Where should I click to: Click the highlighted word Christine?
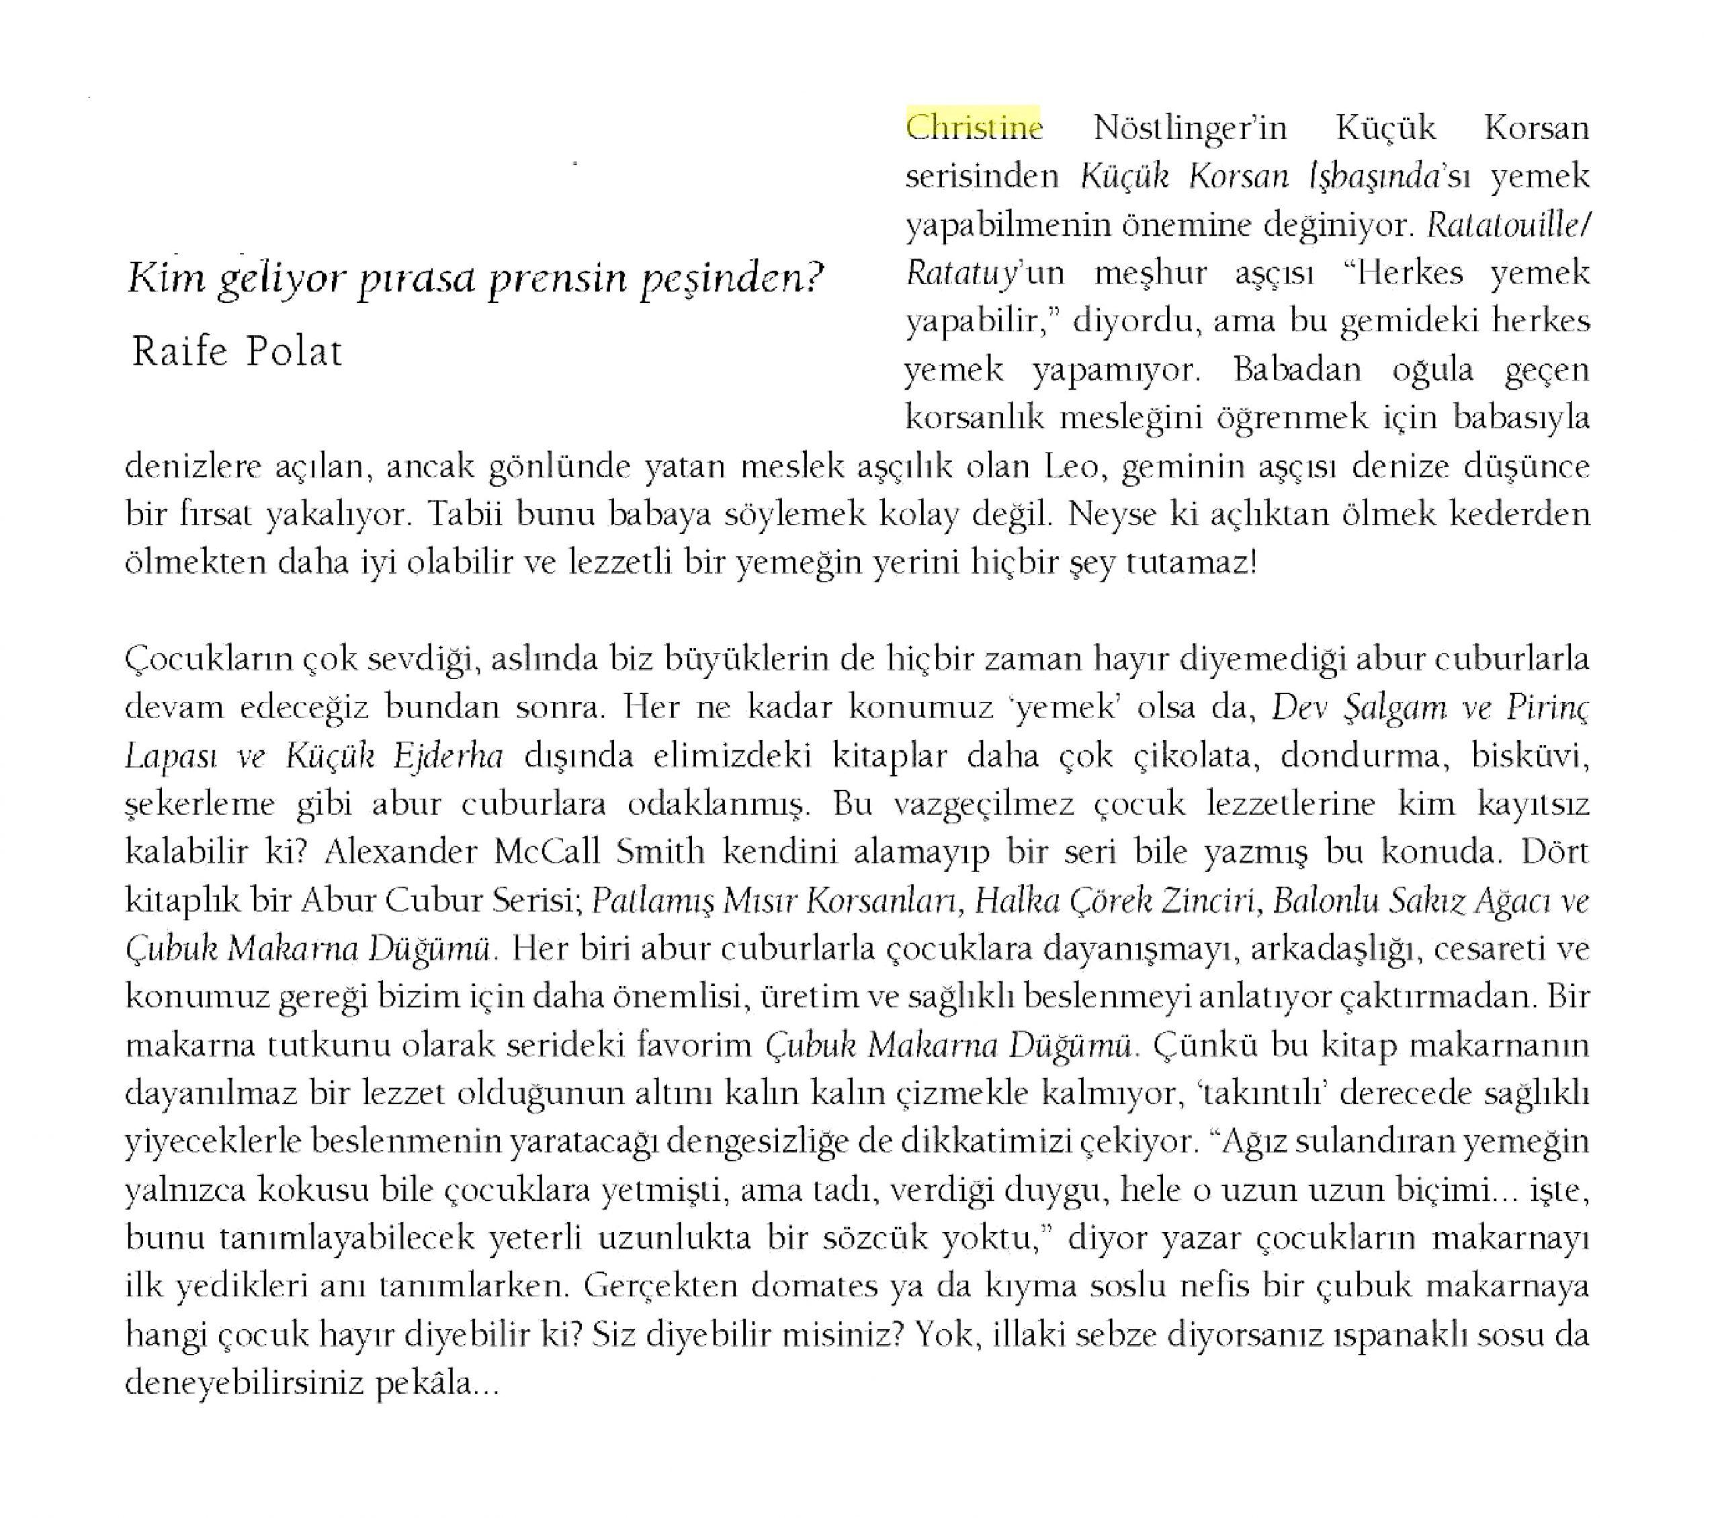tap(974, 128)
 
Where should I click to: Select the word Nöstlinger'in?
tap(1190, 128)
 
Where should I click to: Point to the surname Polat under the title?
tap(294, 352)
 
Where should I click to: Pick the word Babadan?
tap(1297, 369)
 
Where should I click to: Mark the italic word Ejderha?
tap(447, 756)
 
